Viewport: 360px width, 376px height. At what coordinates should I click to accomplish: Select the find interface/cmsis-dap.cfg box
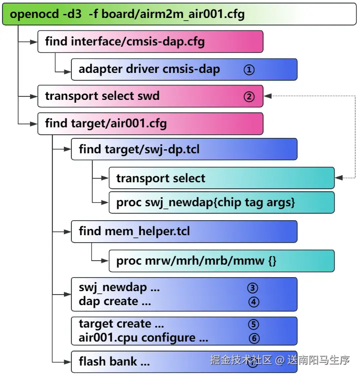(x=150, y=42)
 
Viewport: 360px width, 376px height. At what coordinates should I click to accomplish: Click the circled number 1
(x=249, y=70)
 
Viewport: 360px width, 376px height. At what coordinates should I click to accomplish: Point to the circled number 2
(x=249, y=96)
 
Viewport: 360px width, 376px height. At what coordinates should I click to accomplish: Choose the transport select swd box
(x=150, y=96)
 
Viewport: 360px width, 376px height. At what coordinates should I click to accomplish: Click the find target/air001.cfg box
(x=150, y=123)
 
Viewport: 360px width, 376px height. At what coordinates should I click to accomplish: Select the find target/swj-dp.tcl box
(x=184, y=149)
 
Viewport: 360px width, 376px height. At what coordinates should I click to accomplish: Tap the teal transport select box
(x=221, y=178)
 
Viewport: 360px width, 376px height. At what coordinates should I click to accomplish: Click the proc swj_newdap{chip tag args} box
(x=221, y=203)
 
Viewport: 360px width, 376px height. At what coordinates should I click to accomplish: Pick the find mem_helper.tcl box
(x=184, y=232)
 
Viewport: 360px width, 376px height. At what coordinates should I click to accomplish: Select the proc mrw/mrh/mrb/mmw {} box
(x=221, y=261)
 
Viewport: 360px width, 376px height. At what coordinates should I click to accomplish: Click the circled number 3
(x=253, y=288)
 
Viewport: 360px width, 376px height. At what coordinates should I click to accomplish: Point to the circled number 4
(x=253, y=302)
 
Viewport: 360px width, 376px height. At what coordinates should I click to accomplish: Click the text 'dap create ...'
(x=115, y=302)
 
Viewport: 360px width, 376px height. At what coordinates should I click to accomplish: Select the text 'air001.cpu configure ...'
(x=143, y=338)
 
